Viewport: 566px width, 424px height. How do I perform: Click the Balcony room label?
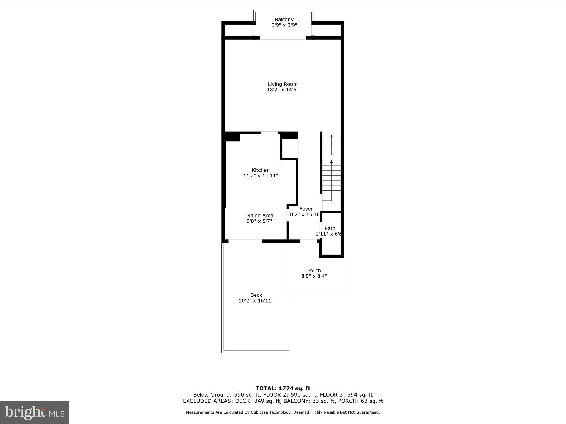284,20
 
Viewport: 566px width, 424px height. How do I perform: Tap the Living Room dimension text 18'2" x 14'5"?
282,90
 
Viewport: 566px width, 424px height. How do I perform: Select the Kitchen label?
260,170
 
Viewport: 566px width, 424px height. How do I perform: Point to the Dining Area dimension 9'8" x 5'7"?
259,221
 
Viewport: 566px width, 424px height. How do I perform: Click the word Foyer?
306,209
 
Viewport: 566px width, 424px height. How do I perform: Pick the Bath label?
330,228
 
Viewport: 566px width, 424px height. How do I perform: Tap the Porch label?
314,271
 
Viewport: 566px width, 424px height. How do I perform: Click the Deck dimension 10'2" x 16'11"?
256,301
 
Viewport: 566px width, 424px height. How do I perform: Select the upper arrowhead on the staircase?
331,136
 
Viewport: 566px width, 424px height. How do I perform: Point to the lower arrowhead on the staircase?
331,161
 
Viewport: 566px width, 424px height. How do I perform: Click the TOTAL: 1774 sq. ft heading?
283,389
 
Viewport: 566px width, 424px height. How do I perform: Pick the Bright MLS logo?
35,412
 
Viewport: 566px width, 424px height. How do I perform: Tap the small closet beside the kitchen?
289,149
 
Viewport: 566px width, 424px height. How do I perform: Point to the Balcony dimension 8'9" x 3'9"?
284,25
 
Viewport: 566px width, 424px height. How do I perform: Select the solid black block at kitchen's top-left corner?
232,137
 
